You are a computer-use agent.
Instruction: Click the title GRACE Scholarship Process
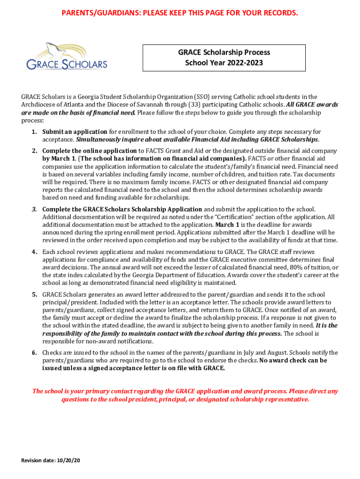(224, 52)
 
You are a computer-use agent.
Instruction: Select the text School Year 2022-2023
(224, 63)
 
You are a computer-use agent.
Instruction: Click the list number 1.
(34, 132)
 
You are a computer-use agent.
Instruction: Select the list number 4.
(34, 252)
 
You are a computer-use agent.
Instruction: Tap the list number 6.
(34, 353)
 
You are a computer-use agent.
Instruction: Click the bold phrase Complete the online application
(90, 151)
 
